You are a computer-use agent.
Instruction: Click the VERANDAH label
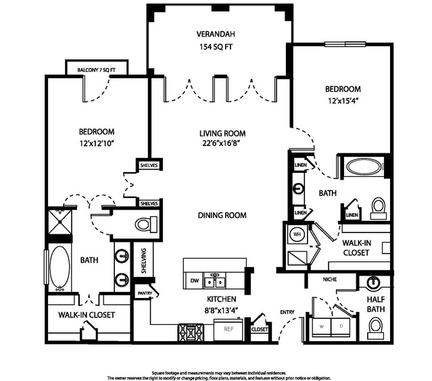coord(216,34)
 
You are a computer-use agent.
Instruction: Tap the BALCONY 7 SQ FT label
coord(96,70)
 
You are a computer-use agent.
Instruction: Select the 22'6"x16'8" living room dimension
coord(222,143)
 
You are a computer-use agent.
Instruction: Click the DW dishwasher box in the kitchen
coord(195,280)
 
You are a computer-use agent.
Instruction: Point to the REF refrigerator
coord(229,329)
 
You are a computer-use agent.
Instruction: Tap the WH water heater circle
coord(297,234)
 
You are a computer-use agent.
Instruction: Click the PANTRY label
coord(145,293)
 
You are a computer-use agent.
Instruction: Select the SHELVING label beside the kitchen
coord(143,261)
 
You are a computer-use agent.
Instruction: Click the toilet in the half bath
coord(375,328)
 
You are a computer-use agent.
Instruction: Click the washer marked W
coord(322,327)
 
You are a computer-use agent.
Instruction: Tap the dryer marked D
coord(341,327)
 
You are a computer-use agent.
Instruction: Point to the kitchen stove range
coord(191,332)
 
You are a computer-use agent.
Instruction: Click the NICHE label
coord(330,280)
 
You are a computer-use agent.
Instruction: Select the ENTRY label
coord(287,312)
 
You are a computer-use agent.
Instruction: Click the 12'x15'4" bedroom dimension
coord(343,101)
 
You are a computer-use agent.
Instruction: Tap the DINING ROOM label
coord(222,215)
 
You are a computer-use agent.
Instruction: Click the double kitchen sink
coord(214,280)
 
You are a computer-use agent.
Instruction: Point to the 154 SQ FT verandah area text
coord(216,47)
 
